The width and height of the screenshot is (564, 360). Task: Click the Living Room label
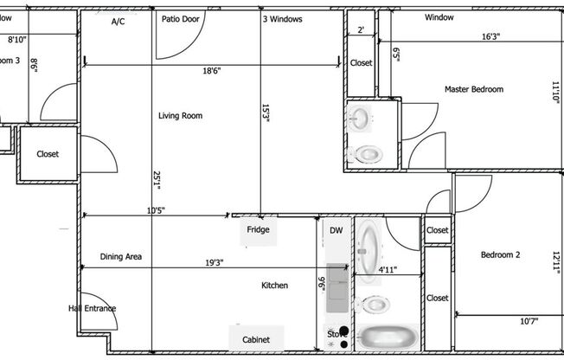[x=180, y=115]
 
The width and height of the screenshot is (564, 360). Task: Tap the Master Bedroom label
[x=473, y=89]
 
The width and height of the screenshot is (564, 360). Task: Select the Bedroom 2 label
[x=500, y=254]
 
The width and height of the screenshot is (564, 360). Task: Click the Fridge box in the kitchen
[x=258, y=229]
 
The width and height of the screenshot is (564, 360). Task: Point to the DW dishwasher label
[x=336, y=230]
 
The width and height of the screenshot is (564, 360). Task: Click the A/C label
[x=119, y=22]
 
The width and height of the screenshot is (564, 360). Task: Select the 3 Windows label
[x=282, y=18]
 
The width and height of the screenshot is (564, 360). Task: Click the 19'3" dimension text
[x=193, y=263]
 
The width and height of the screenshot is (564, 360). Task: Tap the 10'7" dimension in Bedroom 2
[x=529, y=322]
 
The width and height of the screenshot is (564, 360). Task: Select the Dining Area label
[x=121, y=256]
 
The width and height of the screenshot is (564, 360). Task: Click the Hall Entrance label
[x=92, y=308]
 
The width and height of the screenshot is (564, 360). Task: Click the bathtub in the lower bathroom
[x=388, y=337]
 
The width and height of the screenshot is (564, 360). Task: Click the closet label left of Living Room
[x=48, y=154]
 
